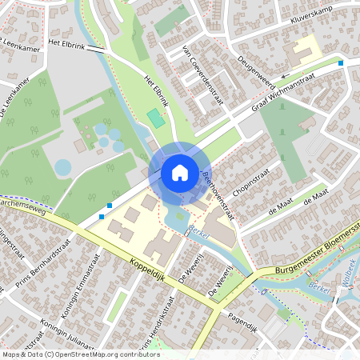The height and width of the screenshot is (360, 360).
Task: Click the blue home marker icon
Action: [x=179, y=172]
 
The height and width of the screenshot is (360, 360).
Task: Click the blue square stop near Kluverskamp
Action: [x=342, y=62]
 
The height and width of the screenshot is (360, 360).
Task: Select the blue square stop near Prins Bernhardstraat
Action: [x=102, y=215]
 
